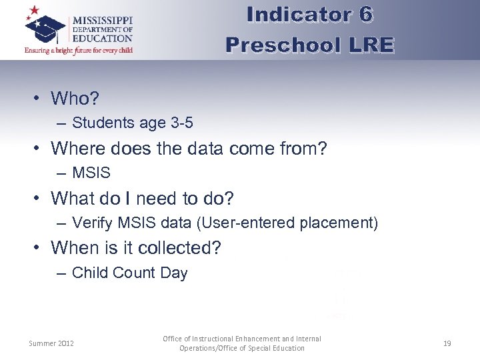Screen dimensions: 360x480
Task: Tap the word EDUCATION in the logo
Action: (103, 39)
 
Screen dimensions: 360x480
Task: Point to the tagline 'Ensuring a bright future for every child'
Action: (79, 50)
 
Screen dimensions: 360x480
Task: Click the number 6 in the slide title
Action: (383, 15)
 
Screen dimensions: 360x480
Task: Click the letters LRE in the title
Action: (370, 45)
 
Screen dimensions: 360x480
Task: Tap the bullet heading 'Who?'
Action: (75, 99)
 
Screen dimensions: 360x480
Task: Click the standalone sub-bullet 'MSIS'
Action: (91, 173)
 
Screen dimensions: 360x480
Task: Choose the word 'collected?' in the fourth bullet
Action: (181, 248)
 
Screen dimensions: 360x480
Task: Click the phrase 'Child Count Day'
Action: (129, 273)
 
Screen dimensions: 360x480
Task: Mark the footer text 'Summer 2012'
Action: (51, 343)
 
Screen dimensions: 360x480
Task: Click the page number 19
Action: (447, 343)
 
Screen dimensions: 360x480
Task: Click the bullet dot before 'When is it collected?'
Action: (39, 248)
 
